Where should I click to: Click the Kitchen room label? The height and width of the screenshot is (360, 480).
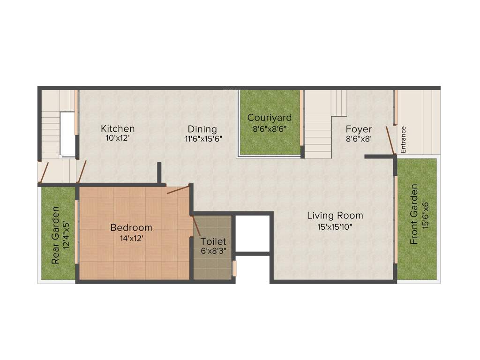(118, 128)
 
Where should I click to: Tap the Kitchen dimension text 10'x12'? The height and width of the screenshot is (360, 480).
(118, 138)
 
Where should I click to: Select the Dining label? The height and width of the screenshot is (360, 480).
(202, 129)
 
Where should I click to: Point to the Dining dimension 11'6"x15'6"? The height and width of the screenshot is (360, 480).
(202, 139)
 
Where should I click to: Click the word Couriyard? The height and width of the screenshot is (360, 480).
(270, 118)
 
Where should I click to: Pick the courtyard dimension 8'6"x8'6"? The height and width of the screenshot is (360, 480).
(270, 127)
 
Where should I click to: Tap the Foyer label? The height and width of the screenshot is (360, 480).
(359, 129)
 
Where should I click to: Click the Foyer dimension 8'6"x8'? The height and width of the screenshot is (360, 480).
(359, 139)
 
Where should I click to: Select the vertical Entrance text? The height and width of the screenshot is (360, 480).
(404, 139)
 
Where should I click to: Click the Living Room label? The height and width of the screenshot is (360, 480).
(335, 216)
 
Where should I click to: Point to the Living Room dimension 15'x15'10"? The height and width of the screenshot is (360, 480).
(335, 227)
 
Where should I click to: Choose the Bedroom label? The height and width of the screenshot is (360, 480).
(131, 228)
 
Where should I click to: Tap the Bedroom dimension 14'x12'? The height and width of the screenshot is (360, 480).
(131, 238)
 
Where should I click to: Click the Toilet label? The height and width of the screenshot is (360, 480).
(213, 241)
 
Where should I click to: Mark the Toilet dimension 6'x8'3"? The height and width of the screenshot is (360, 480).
(213, 251)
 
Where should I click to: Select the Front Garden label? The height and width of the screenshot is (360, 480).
(414, 214)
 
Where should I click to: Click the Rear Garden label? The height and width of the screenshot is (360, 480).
(55, 235)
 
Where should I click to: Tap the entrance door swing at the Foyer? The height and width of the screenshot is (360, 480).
(390, 140)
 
